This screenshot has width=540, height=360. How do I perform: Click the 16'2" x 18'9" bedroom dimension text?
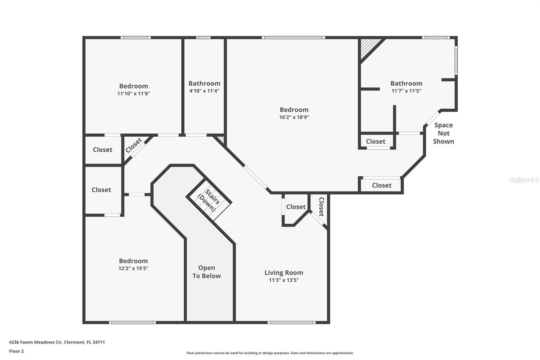(294, 118)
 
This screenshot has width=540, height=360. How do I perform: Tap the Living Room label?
(283, 273)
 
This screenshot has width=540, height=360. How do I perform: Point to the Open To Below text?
(207, 272)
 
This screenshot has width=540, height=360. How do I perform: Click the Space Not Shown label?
(443, 133)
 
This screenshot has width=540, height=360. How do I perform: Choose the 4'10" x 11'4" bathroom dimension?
(204, 91)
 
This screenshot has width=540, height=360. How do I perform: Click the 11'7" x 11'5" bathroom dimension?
(406, 91)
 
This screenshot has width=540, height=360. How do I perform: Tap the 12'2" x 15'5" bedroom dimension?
(133, 268)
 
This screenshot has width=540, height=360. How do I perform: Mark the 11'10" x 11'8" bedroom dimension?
(133, 94)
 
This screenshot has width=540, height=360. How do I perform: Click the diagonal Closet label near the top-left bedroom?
(134, 146)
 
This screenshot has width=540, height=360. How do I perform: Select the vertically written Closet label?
(321, 207)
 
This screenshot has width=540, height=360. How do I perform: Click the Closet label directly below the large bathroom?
(375, 142)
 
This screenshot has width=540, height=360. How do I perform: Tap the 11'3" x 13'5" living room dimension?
(283, 280)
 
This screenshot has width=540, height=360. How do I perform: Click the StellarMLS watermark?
(524, 180)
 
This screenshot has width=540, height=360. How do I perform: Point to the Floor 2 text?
(16, 351)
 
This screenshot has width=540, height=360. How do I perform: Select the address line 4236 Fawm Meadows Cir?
(57, 342)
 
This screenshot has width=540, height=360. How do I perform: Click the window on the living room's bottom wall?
(291, 323)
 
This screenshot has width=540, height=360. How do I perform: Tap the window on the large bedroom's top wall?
(293, 37)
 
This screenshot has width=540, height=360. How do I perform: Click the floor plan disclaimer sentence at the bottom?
(270, 353)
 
